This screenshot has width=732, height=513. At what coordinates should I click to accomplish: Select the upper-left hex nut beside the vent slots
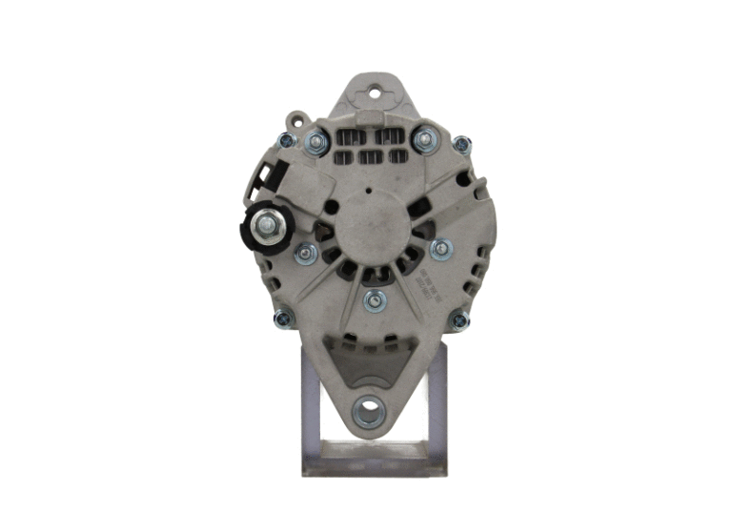click(x=317, y=142)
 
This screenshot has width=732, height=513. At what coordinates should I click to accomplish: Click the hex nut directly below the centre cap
click(x=376, y=301)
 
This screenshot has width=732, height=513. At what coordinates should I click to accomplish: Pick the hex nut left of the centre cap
click(x=306, y=253)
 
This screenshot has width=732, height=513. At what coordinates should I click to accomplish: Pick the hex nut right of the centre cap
click(x=440, y=250)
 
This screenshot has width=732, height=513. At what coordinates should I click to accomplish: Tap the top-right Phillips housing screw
click(x=461, y=144)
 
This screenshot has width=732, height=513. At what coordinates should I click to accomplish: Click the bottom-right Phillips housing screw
click(x=459, y=320)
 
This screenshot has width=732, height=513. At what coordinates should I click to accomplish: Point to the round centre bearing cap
click(x=373, y=224)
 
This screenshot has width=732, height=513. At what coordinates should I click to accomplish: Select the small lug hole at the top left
click(x=297, y=122)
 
